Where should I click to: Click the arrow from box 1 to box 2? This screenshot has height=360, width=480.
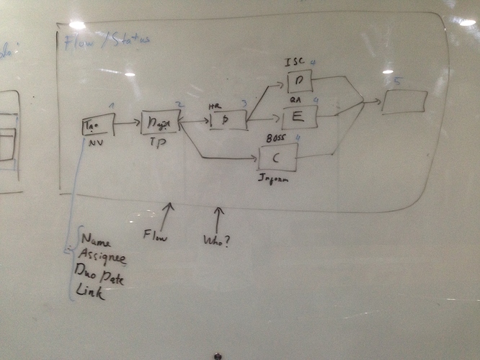(127, 123)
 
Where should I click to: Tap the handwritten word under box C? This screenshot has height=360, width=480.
(272, 180)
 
